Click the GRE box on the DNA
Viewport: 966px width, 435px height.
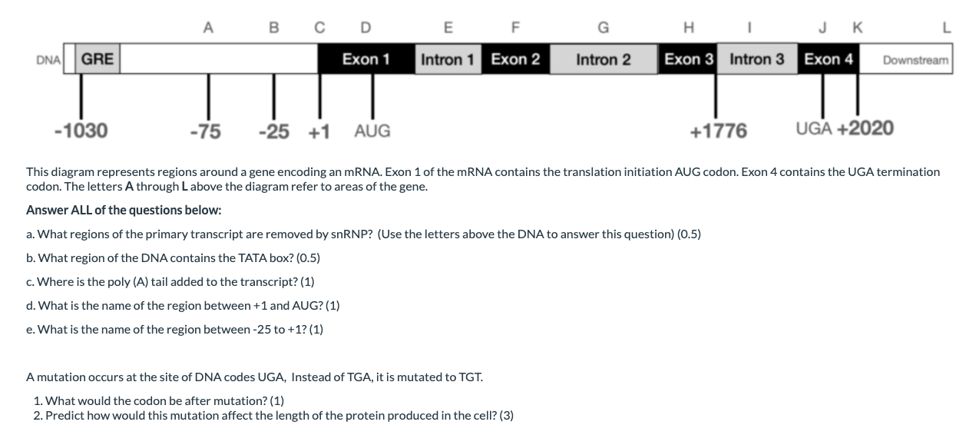[x=98, y=59]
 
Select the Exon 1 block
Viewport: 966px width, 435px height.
[x=366, y=59]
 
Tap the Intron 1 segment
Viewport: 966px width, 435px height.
[x=448, y=59]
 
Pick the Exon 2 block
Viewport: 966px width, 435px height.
[x=515, y=59]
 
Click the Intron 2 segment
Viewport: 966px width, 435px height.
[x=604, y=59]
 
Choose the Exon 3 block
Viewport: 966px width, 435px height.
[x=689, y=59]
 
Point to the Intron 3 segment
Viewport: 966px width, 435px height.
[x=757, y=59]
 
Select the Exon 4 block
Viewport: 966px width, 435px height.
[x=829, y=59]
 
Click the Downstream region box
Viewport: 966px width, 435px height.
[x=915, y=60]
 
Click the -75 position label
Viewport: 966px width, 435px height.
[x=205, y=131]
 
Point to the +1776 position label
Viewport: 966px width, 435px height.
[x=718, y=131]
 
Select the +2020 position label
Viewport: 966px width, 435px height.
[x=865, y=128]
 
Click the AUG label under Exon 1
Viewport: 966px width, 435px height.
[x=372, y=131]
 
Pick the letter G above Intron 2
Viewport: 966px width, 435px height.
[x=604, y=29]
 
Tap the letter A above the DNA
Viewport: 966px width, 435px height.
[x=207, y=29]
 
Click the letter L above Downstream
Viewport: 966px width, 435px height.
[x=946, y=29]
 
